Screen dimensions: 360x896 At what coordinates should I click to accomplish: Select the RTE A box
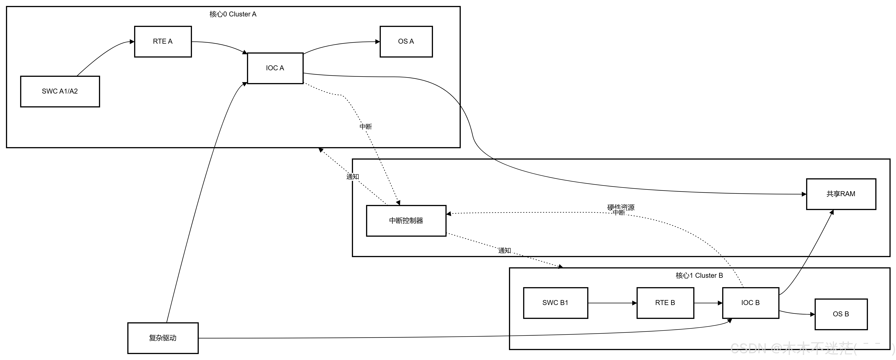click(x=163, y=41)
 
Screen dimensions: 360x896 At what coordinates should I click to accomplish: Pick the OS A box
click(x=406, y=41)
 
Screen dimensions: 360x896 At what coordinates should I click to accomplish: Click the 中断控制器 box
click(x=406, y=221)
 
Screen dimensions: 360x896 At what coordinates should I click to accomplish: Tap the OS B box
click(x=841, y=314)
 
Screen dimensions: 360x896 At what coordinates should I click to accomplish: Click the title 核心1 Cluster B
click(x=699, y=276)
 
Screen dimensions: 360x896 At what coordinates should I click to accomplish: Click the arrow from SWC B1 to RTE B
click(x=612, y=303)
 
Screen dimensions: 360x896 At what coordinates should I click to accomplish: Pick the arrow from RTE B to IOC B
click(x=708, y=303)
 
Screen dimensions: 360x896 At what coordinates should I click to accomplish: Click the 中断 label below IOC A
click(x=366, y=127)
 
